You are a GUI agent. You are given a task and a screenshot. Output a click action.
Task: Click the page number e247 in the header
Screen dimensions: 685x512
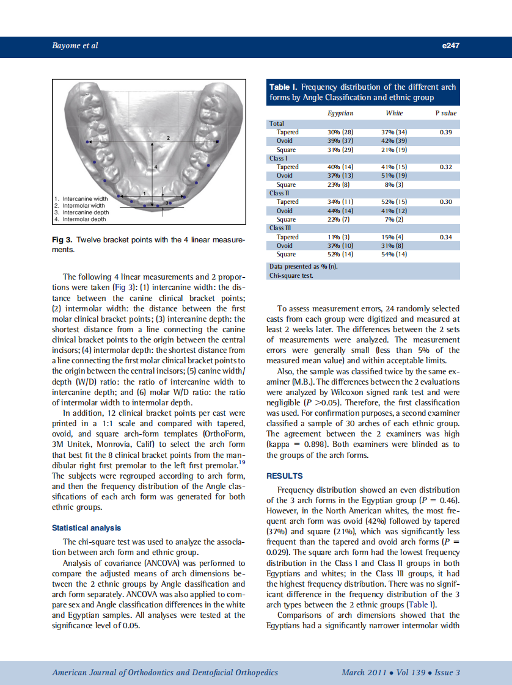(449, 46)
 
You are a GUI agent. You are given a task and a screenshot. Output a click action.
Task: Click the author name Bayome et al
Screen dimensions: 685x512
(75, 46)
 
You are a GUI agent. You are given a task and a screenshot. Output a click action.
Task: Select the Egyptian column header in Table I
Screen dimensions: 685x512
(341, 113)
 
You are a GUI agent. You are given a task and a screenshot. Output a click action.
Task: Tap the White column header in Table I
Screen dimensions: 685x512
(394, 113)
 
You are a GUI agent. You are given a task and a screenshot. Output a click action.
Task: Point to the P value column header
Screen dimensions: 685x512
(445, 113)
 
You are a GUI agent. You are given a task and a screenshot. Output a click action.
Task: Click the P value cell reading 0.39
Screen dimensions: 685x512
(445, 132)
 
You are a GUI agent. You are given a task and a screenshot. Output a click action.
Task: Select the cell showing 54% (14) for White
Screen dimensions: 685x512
(394, 254)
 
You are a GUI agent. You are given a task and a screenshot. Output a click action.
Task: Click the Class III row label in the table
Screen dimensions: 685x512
(281, 228)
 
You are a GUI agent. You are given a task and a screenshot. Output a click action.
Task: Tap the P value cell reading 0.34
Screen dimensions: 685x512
(445, 237)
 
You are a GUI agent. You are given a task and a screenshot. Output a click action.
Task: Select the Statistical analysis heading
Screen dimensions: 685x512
(86, 527)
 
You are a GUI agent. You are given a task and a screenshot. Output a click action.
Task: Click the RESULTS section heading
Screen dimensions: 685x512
(285, 476)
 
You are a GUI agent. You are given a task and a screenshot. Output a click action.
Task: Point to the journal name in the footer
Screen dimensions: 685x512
(165, 672)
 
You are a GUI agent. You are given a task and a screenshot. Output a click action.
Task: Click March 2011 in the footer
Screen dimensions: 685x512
(364, 672)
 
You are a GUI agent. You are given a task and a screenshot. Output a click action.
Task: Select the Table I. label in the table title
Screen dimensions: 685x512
(283, 87)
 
